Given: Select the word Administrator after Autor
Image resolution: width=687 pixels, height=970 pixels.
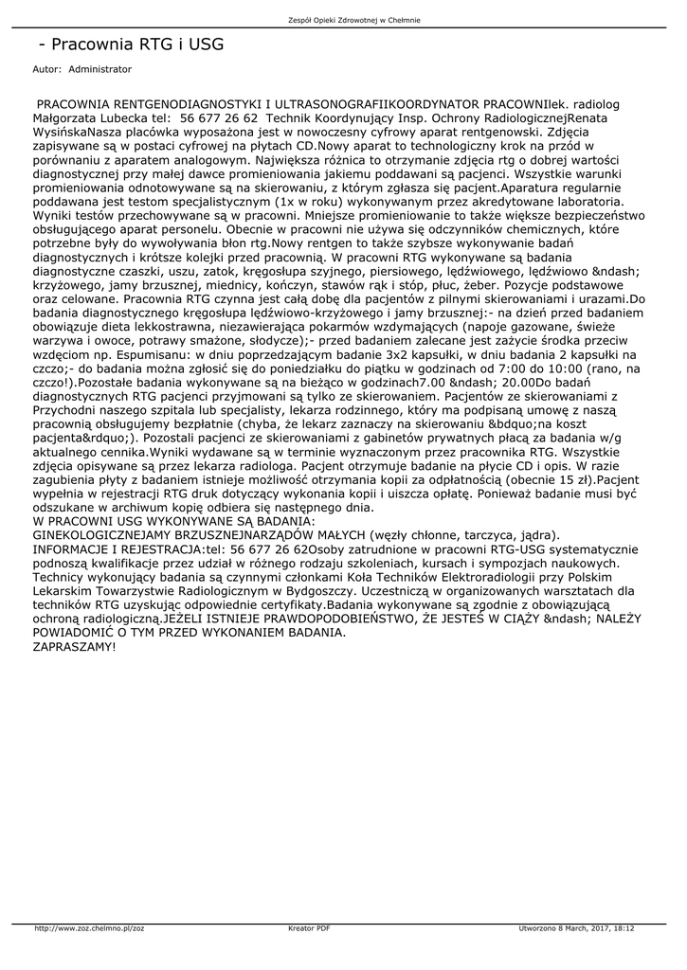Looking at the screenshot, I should tap(100, 69).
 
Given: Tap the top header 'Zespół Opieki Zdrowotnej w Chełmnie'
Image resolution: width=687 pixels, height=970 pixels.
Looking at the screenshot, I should tap(343, 20).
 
